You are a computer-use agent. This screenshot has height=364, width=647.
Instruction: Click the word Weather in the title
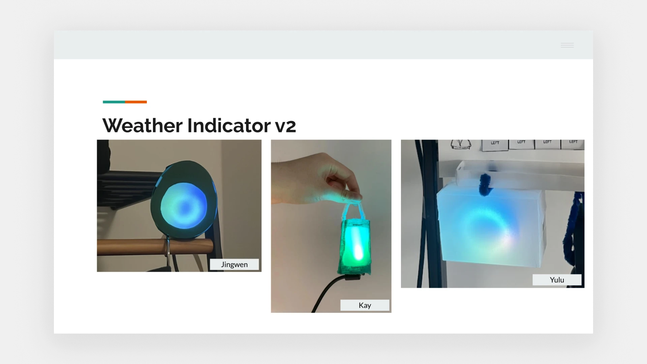tap(143, 125)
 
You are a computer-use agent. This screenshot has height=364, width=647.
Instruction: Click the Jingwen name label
tap(235, 265)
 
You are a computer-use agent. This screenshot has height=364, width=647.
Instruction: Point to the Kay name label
tap(365, 305)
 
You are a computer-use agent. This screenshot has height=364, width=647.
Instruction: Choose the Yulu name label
tap(557, 280)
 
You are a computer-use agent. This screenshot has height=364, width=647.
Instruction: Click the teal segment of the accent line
tap(114, 102)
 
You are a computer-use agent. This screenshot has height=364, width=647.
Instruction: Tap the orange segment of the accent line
tap(136, 102)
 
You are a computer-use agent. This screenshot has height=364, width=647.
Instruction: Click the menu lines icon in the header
tap(567, 45)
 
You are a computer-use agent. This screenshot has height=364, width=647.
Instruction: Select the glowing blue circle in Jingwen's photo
tap(184, 206)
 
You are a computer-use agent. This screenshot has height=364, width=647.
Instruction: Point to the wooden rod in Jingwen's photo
tap(155, 247)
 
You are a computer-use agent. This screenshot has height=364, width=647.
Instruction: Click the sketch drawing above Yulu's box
tap(461, 144)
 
